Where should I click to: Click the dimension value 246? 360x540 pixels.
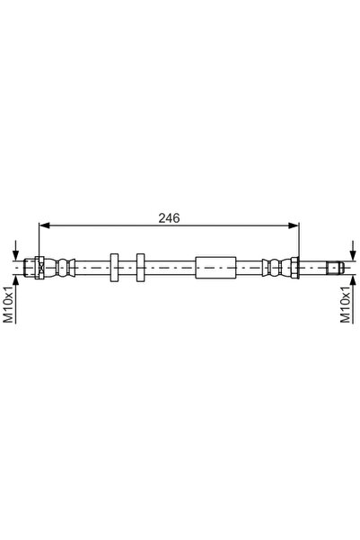(x=169, y=218)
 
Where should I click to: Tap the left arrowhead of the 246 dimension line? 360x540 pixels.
(x=44, y=226)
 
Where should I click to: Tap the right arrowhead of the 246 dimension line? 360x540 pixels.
(x=294, y=226)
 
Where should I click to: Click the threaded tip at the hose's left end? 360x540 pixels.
(x=30, y=268)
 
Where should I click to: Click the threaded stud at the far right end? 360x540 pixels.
(x=335, y=268)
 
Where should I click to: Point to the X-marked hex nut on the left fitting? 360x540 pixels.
(x=40, y=268)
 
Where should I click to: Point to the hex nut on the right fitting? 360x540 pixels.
(x=294, y=268)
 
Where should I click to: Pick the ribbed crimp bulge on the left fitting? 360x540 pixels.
(x=66, y=268)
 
